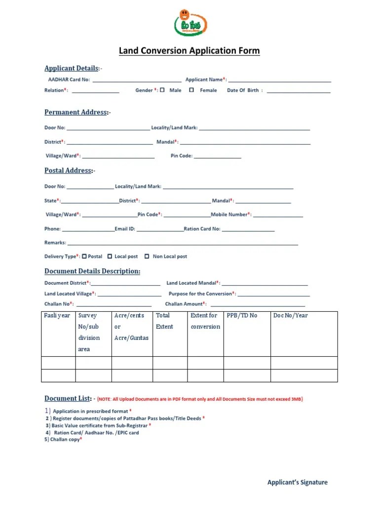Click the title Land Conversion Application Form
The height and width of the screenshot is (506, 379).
coord(189,51)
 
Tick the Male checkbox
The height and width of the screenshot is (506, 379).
coord(163,90)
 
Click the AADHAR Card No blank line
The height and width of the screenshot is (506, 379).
coord(136,81)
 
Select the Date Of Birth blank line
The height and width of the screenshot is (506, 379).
coord(298,91)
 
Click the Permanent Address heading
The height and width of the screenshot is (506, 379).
coord(76,112)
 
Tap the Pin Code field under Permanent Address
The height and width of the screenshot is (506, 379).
coord(217,158)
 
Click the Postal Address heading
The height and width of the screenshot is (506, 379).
coord(68,170)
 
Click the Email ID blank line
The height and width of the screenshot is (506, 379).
coord(160,230)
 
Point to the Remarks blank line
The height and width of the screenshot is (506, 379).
coord(183,244)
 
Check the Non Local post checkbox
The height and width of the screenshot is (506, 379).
coord(147,256)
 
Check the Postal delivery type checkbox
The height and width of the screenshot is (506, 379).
coord(84,256)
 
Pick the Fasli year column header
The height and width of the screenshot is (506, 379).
coord(57,315)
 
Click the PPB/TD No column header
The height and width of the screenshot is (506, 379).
coord(242,315)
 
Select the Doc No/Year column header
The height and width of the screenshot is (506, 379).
coord(291,315)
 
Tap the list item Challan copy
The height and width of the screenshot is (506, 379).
coord(63,439)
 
